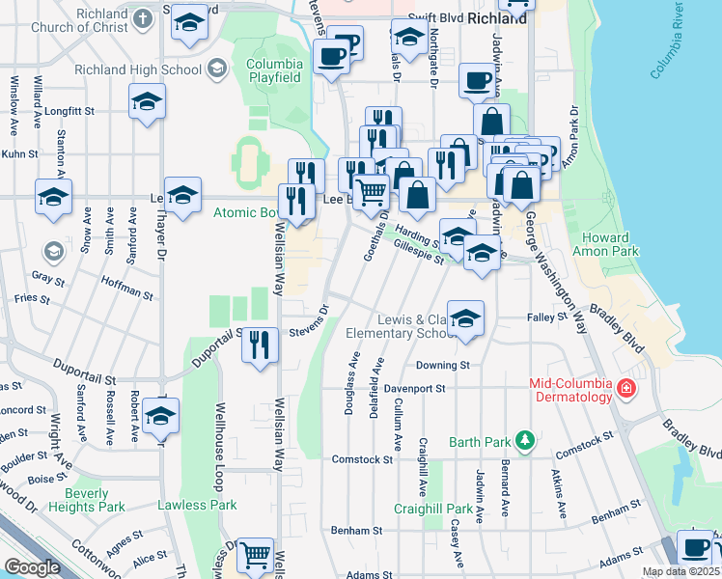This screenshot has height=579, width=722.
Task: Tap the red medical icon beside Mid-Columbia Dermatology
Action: click(625, 389)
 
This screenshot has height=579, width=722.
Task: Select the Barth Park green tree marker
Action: click(524, 441)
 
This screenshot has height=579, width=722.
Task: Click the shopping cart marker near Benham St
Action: click(255, 555)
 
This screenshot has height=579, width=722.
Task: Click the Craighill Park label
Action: click(433, 509)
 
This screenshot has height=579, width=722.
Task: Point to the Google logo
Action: click(32, 567)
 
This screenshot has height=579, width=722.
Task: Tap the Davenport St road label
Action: click(413, 389)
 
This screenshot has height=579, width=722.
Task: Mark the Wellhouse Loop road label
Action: click(221, 453)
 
